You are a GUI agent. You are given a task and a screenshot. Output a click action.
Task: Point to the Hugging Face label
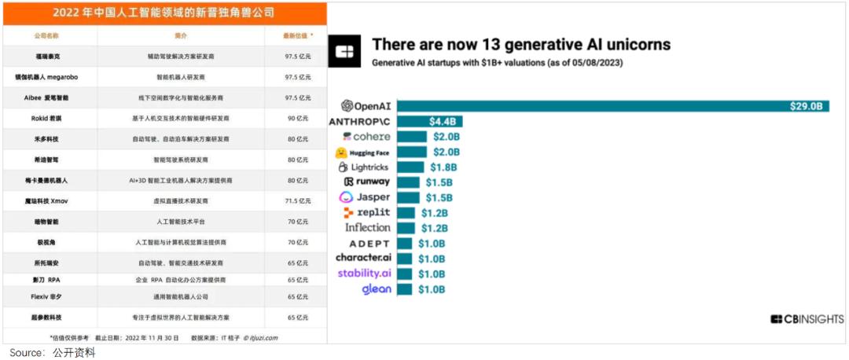362,152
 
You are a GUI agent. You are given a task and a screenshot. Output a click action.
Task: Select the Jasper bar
421,197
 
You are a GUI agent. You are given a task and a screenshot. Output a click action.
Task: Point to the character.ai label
363,258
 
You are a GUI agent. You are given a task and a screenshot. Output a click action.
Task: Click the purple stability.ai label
364,274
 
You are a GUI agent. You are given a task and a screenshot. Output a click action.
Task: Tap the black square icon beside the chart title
346,52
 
